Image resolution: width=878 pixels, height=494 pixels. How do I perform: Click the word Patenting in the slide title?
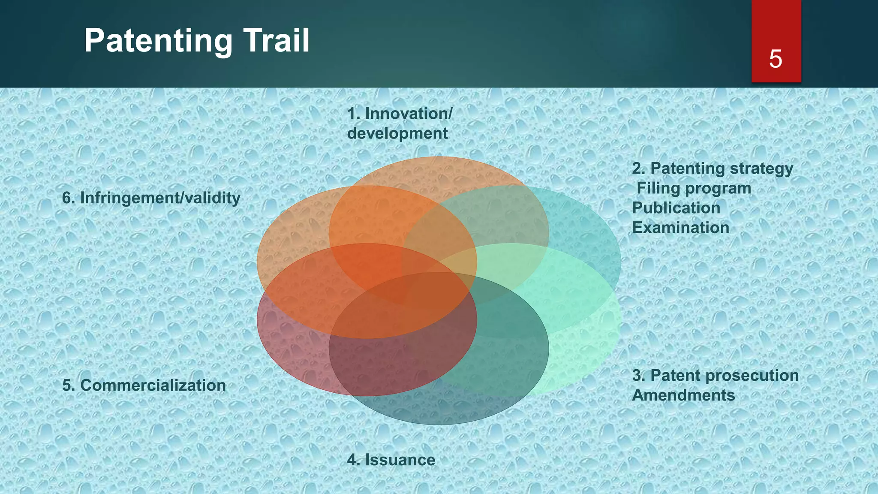[158, 41]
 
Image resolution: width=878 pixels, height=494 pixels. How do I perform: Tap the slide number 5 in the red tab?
[776, 59]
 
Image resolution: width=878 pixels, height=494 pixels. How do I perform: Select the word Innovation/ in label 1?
[409, 114]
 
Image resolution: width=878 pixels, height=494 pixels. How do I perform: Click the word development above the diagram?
[397, 133]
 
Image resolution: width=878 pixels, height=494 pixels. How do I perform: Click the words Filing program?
[694, 188]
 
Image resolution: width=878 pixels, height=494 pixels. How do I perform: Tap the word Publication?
[676, 208]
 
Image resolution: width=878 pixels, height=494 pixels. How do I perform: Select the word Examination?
[680, 228]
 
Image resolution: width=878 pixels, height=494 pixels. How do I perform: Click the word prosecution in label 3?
[756, 375]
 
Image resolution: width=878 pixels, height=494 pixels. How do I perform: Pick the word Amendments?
[683, 395]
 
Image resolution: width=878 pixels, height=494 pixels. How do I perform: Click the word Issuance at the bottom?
[400, 460]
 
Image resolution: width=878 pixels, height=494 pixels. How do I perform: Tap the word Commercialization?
[153, 385]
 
